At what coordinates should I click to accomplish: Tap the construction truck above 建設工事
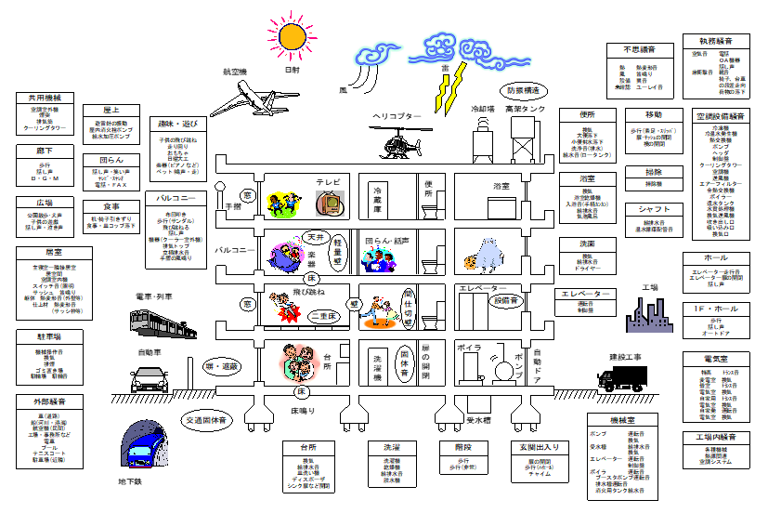click(x=621, y=377)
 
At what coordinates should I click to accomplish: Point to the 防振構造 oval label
click(x=527, y=91)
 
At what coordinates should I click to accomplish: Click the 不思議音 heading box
click(x=639, y=50)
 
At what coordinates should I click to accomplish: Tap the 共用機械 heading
click(x=45, y=98)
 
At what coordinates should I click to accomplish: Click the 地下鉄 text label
click(x=129, y=482)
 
